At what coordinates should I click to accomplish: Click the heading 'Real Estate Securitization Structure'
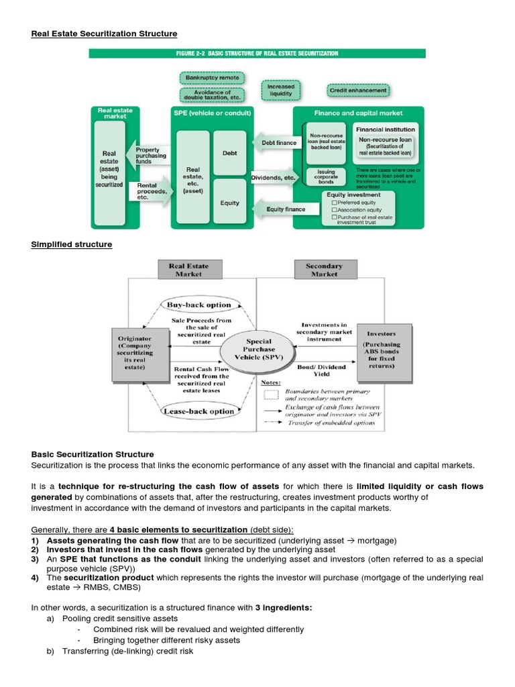104,34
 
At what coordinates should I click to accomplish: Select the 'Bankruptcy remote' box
212,78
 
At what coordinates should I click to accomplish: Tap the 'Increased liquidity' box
280,91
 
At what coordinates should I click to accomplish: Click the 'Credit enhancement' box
358,90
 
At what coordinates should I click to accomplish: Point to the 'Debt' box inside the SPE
229,153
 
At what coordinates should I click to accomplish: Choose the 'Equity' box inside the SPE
229,202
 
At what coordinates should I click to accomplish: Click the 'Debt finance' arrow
276,142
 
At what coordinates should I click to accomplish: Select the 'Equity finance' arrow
285,209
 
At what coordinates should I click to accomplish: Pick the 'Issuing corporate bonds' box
326,177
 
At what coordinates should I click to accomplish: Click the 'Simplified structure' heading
72,244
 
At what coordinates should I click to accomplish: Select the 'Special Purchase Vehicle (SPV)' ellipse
259,350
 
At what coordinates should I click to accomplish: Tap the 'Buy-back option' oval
198,305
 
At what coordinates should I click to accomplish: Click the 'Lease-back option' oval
198,411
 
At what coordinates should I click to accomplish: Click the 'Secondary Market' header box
324,270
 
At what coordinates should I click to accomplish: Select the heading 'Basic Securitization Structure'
93,454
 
